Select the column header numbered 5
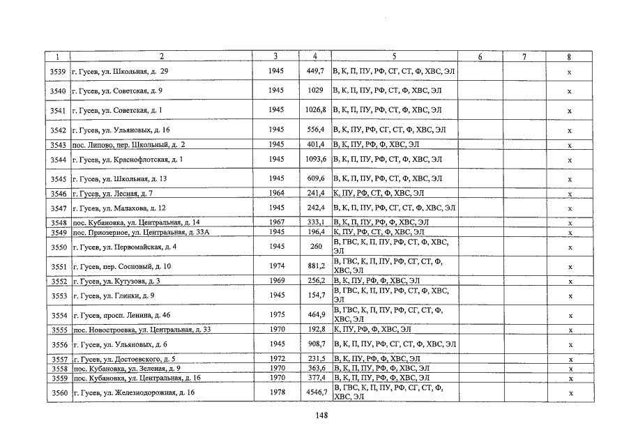(395, 56)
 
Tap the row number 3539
(59, 71)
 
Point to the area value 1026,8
(316, 110)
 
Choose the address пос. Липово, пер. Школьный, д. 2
(129, 144)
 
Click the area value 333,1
(317, 222)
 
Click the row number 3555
(59, 330)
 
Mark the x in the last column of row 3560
(570, 393)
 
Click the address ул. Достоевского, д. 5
(123, 359)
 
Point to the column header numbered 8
(570, 56)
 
